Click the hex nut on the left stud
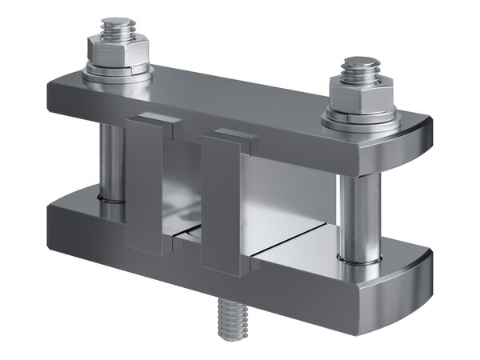pos(119,53)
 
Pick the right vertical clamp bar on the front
pos(221,204)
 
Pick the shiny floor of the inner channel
pos(296,244)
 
